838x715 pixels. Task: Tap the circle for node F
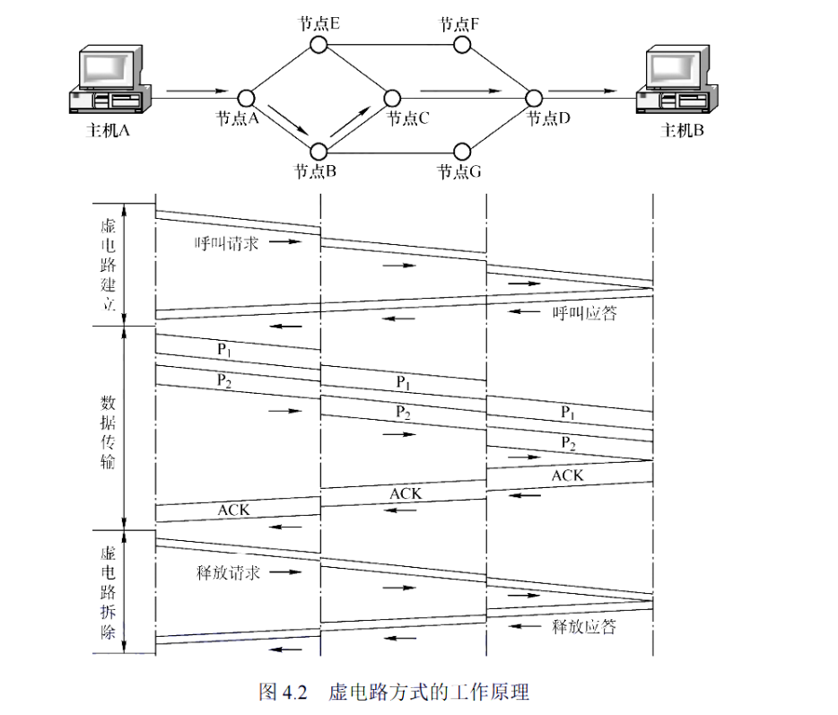tap(463, 43)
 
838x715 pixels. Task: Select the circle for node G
tap(463, 150)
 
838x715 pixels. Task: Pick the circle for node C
tap(391, 97)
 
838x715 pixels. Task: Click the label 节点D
tap(547, 118)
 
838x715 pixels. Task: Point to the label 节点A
tap(237, 118)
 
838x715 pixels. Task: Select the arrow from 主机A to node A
tap(197, 91)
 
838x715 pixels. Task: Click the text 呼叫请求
tap(227, 243)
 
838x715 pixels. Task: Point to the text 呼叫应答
tap(585, 314)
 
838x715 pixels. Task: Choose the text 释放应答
tap(585, 626)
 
